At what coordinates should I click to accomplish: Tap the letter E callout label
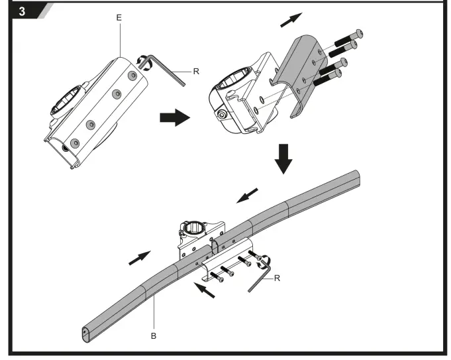pyautogui.click(x=119, y=18)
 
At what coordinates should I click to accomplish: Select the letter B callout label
pyautogui.click(x=153, y=336)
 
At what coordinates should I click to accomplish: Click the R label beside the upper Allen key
pyautogui.click(x=197, y=71)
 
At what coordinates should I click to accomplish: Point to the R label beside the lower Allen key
pyautogui.click(x=277, y=278)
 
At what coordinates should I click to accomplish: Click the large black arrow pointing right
pyautogui.click(x=174, y=119)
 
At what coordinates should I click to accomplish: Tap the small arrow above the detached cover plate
pyautogui.click(x=289, y=20)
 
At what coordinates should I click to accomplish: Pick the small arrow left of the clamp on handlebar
pyautogui.click(x=138, y=258)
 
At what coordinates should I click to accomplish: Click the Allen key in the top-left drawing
pyautogui.click(x=169, y=68)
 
